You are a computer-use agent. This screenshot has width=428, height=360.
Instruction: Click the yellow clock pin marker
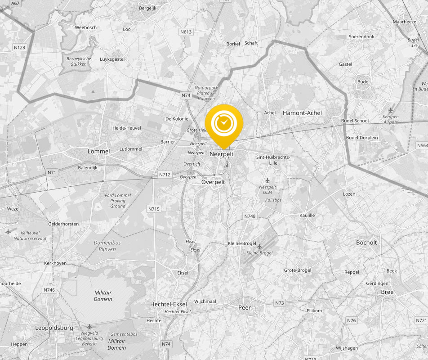click(224, 123)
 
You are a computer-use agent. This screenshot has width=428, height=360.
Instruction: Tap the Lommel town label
click(98, 151)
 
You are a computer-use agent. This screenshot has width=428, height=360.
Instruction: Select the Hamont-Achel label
click(302, 113)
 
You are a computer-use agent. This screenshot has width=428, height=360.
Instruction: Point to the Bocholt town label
click(366, 243)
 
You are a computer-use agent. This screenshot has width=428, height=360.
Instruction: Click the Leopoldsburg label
click(54, 328)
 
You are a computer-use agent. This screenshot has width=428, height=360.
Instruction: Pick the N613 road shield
click(185, 31)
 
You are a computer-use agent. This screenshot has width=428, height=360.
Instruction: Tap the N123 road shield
click(19, 47)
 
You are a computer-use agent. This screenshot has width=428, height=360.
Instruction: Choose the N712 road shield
click(165, 174)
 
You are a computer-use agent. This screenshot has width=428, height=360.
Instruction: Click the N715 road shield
click(154, 209)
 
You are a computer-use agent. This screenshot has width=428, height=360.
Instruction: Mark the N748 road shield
click(250, 216)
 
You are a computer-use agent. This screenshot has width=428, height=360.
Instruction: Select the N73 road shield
click(280, 303)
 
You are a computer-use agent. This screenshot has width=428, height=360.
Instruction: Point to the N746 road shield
click(49, 290)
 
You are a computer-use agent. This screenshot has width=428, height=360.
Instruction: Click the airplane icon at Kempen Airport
click(390, 110)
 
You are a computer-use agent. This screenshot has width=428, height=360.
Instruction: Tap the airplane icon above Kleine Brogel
click(259, 246)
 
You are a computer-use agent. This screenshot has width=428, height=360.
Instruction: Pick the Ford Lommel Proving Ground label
click(118, 201)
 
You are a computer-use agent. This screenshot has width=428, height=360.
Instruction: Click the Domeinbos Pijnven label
click(107, 246)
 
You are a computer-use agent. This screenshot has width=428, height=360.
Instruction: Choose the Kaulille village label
click(307, 216)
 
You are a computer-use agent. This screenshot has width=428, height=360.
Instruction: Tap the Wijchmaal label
click(205, 301)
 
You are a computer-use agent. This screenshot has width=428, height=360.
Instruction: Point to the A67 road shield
click(15, 3)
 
